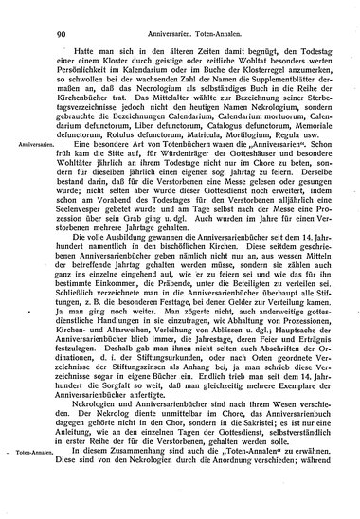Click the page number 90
pos(61,10)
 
